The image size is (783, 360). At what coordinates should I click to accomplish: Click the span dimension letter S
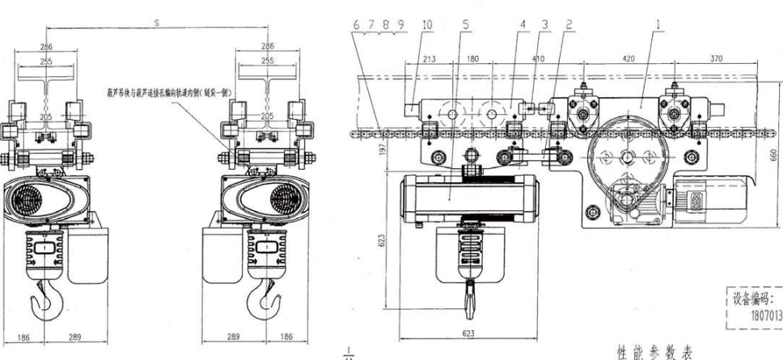[156, 24]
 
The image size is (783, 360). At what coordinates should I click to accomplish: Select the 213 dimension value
[430, 58]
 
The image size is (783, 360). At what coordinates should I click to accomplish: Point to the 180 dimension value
[473, 58]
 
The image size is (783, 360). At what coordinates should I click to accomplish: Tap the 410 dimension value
[539, 58]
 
